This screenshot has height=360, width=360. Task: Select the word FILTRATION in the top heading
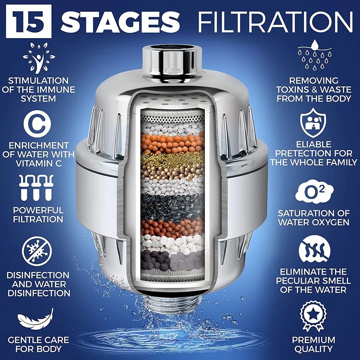coord(275,22)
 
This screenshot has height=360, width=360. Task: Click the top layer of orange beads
coord(173,140)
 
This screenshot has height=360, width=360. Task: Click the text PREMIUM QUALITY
coord(313,344)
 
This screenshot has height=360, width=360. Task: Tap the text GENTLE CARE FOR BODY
coord(39,344)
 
